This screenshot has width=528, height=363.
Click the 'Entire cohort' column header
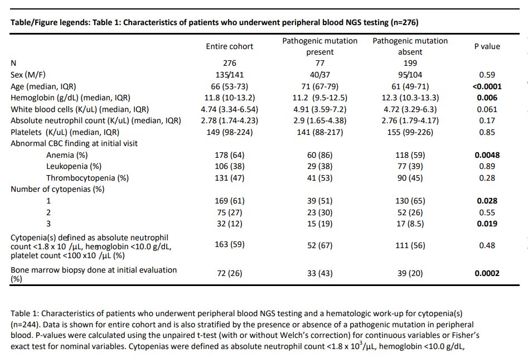[229, 46]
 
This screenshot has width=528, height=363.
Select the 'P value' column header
[487, 47]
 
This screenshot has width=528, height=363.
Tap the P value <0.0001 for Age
[486, 86]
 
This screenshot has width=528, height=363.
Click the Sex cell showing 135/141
[229, 75]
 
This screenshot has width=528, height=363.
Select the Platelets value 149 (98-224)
[229, 132]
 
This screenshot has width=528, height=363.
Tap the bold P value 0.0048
[486, 155]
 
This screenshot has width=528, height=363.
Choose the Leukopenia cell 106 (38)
[229, 166]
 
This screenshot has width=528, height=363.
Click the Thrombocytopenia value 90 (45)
[410, 178]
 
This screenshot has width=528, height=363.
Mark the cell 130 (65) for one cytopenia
[410, 201]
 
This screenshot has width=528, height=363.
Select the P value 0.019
[486, 224]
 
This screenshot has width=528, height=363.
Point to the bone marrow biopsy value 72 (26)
[229, 273]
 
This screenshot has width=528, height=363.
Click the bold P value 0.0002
[486, 273]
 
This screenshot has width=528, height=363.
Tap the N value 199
[410, 63]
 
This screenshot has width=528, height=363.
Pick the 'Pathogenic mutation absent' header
[410, 46]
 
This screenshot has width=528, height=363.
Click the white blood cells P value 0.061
[486, 109]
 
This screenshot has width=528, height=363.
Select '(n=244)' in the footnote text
[26, 323]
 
